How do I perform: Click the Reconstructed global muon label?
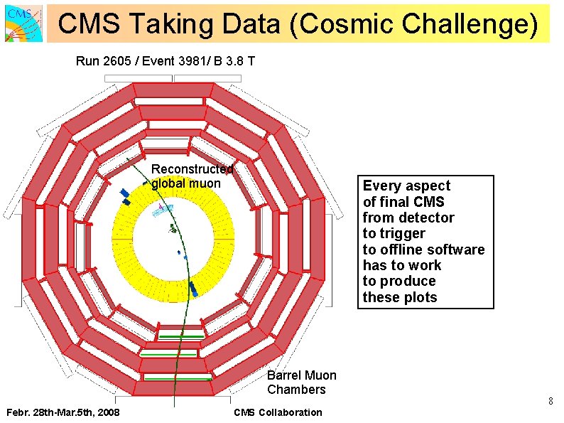pos(192,176)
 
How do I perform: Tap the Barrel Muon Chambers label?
pos(301,382)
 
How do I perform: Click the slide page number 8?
pos(550,402)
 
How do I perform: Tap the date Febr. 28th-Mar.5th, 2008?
pos(63,413)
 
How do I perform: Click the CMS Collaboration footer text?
pos(278,413)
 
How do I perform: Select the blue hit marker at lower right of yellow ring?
pos(193,289)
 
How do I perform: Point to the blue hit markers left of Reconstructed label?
pos(125,196)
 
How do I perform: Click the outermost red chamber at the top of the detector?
pos(173,90)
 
